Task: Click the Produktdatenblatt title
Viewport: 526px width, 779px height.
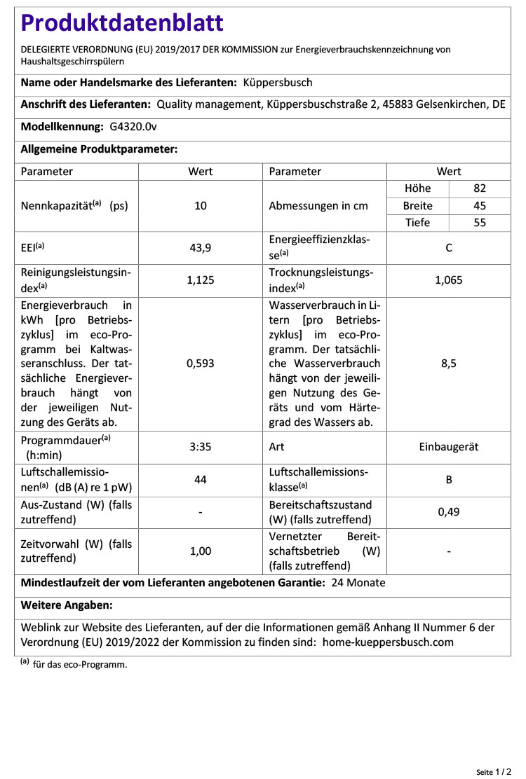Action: (122, 23)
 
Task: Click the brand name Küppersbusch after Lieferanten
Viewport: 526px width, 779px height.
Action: (278, 83)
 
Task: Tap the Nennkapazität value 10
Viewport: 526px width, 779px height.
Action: (201, 206)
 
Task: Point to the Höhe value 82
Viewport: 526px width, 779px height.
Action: (480, 188)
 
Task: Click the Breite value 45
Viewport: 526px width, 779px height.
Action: (480, 206)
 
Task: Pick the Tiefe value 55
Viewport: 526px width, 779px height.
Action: (480, 223)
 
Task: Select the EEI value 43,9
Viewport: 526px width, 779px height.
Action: (201, 247)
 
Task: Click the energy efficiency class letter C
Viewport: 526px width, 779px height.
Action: (449, 247)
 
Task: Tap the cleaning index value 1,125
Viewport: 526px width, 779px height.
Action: (201, 280)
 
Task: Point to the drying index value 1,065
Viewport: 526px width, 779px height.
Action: (449, 280)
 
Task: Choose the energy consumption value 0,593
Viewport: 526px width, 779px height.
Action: (201, 364)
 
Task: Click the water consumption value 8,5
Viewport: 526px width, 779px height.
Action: (449, 364)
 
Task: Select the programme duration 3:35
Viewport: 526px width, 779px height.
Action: (201, 446)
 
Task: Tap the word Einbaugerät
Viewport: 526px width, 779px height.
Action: (449, 446)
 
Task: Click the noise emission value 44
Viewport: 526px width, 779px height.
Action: (201, 479)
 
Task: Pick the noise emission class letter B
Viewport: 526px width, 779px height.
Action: (449, 479)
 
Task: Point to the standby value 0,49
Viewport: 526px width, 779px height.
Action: (449, 512)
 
